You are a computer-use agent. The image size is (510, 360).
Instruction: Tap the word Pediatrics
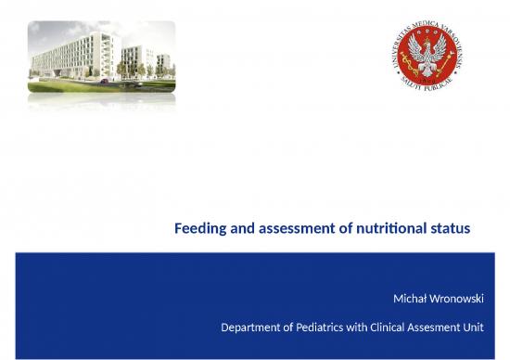[x=327, y=327]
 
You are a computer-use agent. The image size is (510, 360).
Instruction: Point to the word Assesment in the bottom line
[x=449, y=327]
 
